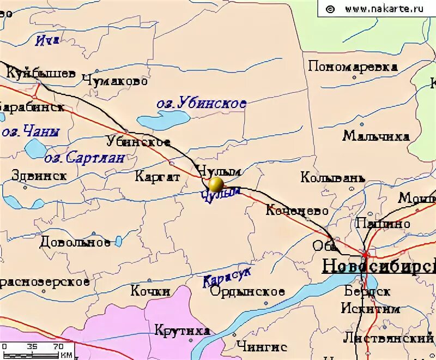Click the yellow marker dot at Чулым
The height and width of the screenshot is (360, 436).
[x=216, y=183]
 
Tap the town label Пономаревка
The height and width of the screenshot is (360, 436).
[x=353, y=67]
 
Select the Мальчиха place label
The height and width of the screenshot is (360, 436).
[x=376, y=136]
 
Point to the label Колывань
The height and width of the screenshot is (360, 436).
[x=332, y=178]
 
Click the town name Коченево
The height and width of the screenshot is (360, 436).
[x=297, y=211]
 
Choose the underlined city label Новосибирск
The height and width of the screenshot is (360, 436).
[x=379, y=266]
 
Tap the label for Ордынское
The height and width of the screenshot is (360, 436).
[x=247, y=292]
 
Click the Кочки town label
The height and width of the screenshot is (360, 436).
[x=150, y=291]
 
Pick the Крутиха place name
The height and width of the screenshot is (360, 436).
[x=182, y=331]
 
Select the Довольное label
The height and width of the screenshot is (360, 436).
[x=75, y=242]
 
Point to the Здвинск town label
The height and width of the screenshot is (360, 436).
[x=39, y=176]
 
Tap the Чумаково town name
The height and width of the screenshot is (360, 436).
[x=115, y=81]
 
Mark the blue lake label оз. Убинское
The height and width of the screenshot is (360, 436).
[x=201, y=103]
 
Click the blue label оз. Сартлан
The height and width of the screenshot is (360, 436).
[x=84, y=158]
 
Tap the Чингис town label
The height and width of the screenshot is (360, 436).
[x=262, y=346]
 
